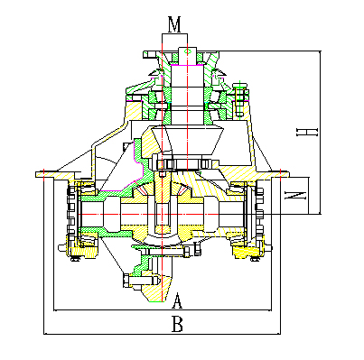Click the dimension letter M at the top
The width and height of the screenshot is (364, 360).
[x=174, y=25]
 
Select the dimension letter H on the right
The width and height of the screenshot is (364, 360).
[x=307, y=132]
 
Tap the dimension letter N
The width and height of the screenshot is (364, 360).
[x=295, y=196]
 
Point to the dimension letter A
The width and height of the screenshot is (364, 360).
[x=177, y=300]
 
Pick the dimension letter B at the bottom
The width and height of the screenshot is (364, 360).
[x=177, y=324]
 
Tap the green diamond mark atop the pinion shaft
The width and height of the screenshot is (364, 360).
[x=188, y=51]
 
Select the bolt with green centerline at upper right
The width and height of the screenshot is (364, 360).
[x=239, y=98]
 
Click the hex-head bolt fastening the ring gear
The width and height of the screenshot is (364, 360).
[x=141, y=281]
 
